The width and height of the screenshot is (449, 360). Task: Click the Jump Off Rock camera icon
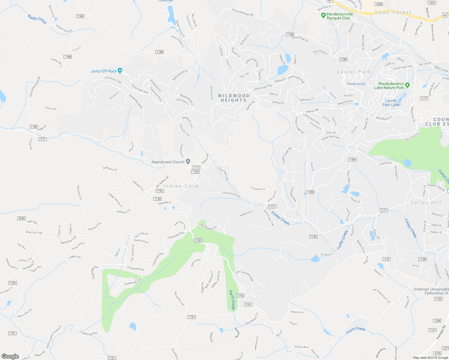[120, 70]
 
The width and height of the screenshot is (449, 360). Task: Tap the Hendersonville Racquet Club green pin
[323, 15]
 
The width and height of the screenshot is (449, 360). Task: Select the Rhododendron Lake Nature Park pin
[407, 85]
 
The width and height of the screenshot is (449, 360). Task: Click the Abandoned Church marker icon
[188, 161]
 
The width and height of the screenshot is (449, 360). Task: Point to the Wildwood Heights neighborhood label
[234, 98]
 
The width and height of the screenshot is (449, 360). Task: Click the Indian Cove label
[181, 186]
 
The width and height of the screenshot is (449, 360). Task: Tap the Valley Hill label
[426, 202]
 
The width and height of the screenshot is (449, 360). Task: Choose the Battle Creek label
[37, 19]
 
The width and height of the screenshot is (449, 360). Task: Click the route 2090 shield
[21, 218]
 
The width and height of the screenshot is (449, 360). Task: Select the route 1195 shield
[13, 283]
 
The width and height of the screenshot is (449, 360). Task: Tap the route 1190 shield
[313, 237]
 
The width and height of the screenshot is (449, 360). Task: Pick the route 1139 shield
[157, 199]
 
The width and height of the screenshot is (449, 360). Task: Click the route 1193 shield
[160, 191]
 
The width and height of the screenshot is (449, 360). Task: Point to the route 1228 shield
[437, 321]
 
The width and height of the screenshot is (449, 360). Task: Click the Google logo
[10, 356]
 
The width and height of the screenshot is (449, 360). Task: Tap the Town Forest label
[393, 13]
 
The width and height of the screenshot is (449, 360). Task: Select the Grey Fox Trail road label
[34, 232]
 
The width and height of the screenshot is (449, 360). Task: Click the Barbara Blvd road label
[301, 347]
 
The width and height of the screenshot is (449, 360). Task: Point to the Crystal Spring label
[356, 84]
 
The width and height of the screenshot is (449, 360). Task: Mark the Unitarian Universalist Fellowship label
[431, 291]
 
